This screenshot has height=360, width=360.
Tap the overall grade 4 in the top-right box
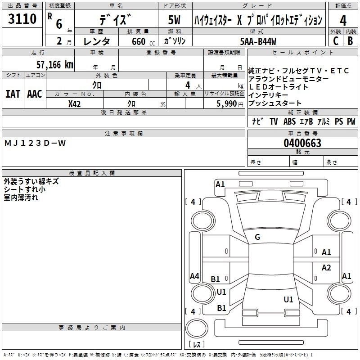pyautogui.click(x=343, y=20)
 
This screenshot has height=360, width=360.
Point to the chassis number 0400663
pyautogui.click(x=302, y=143)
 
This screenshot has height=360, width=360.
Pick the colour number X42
pyautogui.click(x=75, y=103)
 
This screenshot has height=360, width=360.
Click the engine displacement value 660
pyautogui.click(x=137, y=41)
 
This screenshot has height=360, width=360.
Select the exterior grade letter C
pyautogui.click(x=335, y=41)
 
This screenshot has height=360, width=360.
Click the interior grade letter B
pyautogui.click(x=350, y=41)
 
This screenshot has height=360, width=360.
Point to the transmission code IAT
pyautogui.click(x=13, y=94)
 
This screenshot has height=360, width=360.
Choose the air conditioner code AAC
pyautogui.click(x=35, y=94)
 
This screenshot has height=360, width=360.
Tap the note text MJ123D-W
pyautogui.click(x=35, y=143)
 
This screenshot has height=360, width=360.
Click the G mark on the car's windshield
pyautogui.click(x=257, y=237)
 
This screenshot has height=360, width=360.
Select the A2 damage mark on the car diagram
pyautogui.click(x=326, y=268)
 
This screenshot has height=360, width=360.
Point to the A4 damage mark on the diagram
pyautogui.click(x=194, y=276)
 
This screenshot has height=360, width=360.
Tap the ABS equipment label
pyautogui.click(x=289, y=121)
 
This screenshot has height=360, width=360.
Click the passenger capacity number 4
pyautogui.click(x=187, y=85)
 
